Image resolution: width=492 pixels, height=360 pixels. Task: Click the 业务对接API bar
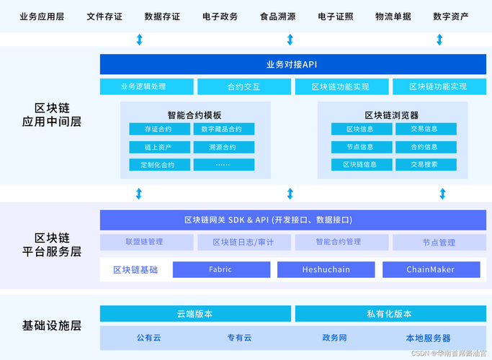(291, 65)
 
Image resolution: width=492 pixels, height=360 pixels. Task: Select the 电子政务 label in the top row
(220, 17)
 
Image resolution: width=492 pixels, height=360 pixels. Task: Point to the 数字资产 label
(452, 17)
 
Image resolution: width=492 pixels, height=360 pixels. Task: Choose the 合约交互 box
(243, 87)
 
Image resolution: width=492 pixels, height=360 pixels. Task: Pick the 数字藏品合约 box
(223, 130)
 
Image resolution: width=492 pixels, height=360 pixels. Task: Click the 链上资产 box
(159, 148)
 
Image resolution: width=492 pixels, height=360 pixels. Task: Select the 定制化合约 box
(159, 165)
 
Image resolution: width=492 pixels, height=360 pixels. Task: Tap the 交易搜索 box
(425, 165)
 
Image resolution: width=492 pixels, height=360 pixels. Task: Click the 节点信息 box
(361, 148)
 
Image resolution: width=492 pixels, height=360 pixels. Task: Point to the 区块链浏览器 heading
(391, 115)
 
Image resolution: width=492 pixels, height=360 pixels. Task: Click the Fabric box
(221, 270)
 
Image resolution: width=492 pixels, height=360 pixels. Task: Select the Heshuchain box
(326, 270)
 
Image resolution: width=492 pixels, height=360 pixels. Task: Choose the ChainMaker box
(431, 270)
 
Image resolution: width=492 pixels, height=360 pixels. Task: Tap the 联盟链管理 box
(144, 242)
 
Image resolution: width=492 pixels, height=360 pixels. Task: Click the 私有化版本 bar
(389, 314)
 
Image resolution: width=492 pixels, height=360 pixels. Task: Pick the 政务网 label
(334, 338)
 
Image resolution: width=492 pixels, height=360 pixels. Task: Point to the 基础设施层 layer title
(51, 325)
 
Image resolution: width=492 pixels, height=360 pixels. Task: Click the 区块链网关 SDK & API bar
(291, 220)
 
